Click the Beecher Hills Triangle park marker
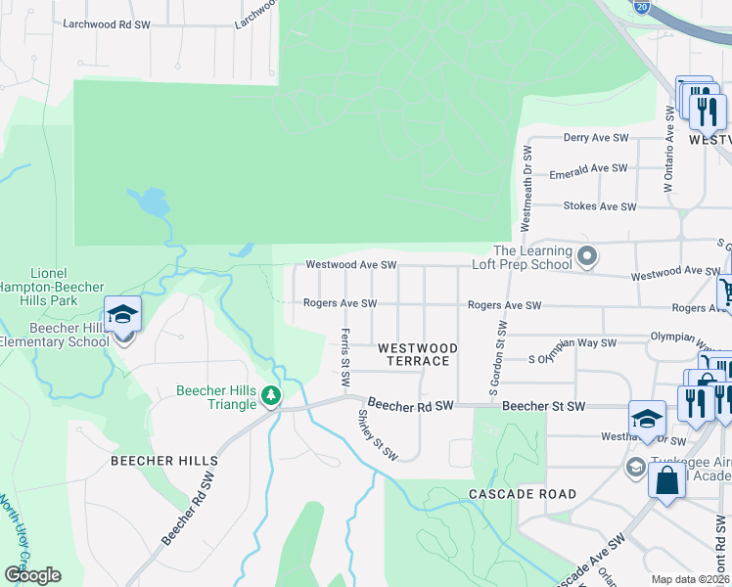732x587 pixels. [x=271, y=395]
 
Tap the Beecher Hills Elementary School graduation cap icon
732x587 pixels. [x=123, y=315]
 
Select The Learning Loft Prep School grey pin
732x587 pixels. [x=587, y=257]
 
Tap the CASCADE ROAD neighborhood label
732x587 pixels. [x=523, y=494]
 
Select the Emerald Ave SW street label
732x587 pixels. [x=587, y=169]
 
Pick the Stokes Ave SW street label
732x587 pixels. [x=600, y=206]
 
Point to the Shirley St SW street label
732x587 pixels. [x=376, y=434]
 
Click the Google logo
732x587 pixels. [x=32, y=574]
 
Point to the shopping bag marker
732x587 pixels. [x=666, y=481]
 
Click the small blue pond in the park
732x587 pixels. [x=148, y=203]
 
